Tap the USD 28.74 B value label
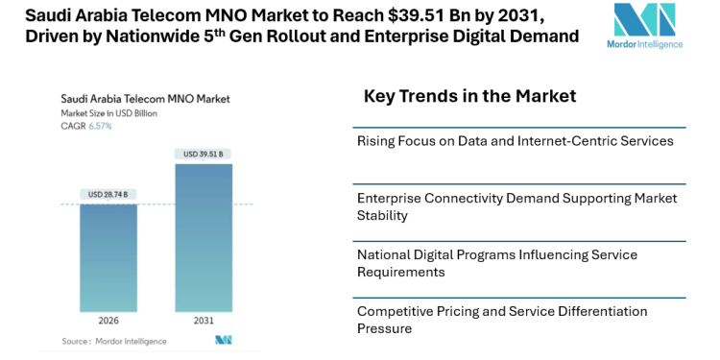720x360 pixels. [x=108, y=195]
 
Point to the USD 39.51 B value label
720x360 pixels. [x=204, y=154]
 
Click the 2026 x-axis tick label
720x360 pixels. [x=108, y=320]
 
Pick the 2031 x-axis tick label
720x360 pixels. [x=204, y=320]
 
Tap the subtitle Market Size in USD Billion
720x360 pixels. [x=108, y=112]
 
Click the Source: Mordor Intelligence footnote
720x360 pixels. [x=114, y=341]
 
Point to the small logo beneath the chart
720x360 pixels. [x=224, y=341]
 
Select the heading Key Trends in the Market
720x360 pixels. [x=469, y=96]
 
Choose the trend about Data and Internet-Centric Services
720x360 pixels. [x=515, y=141]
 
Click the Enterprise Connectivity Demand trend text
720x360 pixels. [x=516, y=206]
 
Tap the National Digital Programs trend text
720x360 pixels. [x=510, y=263]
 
